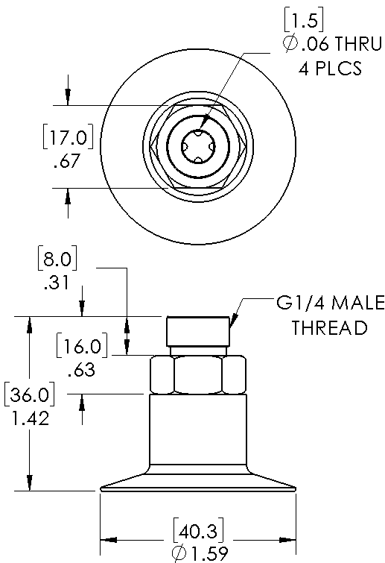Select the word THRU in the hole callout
coord(357,44)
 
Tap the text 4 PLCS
coord(330,68)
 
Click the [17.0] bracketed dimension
coord(68,136)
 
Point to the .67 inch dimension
coord(66,161)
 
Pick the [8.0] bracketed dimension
coord(57,258)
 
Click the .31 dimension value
coord(56,283)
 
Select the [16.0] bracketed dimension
coord(82,346)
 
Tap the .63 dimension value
coord(81,370)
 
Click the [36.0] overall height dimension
coord(29,394)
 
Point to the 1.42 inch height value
coord(30,418)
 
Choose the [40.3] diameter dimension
coord(198,530)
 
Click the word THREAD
coord(330,327)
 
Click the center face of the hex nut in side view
coord(198,374)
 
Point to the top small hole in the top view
coord(198,133)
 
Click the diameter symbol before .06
coord(290,44)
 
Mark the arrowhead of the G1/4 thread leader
coord(233,321)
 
